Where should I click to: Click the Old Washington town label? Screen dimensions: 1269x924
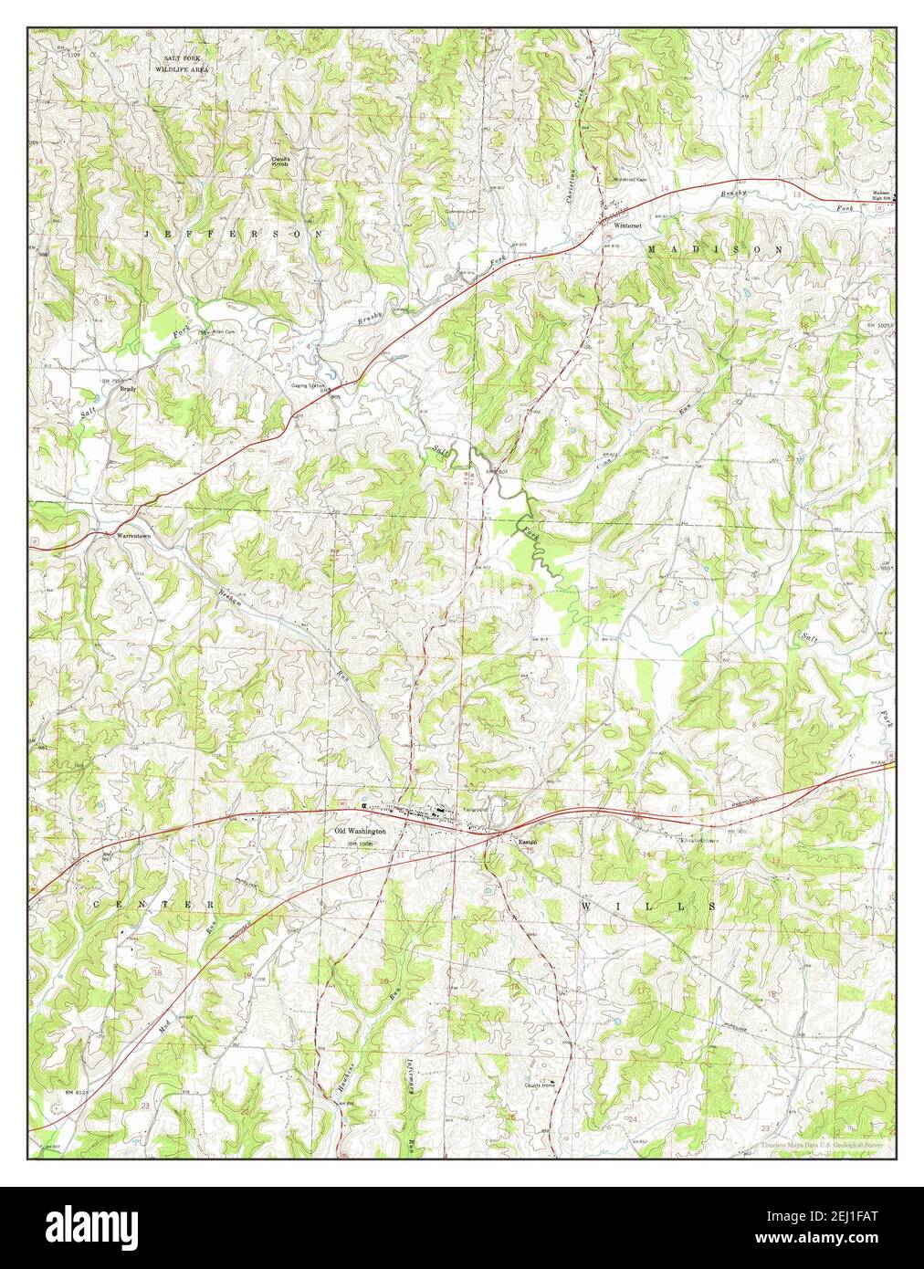361,832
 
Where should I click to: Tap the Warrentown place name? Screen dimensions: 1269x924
132,535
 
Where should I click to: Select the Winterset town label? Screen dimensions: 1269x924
630,225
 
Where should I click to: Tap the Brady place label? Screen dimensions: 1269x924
129,388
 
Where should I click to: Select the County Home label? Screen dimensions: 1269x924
540,1085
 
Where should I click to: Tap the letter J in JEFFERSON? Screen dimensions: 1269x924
148,235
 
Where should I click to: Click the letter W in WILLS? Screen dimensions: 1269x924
586,906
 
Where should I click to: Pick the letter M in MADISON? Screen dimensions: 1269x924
652,248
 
